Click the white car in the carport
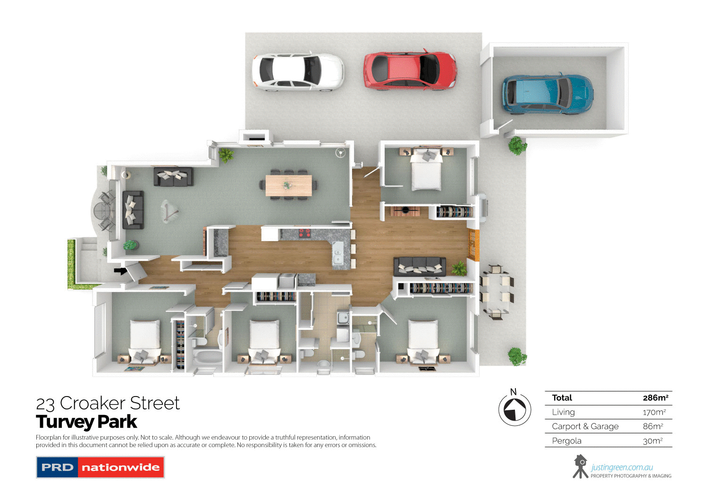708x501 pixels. coord(298,71)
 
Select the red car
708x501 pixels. coord(409,70)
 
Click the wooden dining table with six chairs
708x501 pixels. coord(288,185)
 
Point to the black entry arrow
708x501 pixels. coord(120,271)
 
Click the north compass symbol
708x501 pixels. coord(514,409)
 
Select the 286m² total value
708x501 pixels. coord(655,398)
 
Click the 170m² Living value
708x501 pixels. coord(654,412)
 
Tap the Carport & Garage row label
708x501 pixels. coord(585,426)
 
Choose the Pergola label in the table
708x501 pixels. coord(566,441)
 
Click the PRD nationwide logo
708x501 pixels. coord(100,467)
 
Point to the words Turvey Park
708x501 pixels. coord(86,422)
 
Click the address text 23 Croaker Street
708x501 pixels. coord(108,403)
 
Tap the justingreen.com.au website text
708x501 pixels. coord(622,467)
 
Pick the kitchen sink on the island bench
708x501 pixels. coord(338,255)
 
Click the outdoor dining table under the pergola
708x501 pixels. coord(496,291)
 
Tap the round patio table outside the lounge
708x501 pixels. coord(101,210)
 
